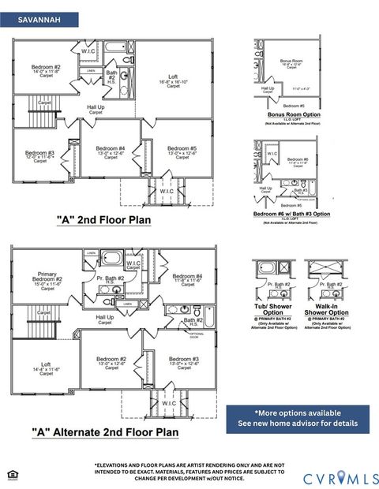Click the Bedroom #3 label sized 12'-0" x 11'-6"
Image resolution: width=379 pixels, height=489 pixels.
point(39,155)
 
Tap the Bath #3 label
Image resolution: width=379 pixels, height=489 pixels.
point(300,189)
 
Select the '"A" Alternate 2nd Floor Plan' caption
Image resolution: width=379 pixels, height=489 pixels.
point(104,431)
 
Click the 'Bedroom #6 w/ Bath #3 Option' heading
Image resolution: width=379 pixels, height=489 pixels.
point(291,214)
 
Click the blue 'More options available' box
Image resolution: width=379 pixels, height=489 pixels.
point(297,418)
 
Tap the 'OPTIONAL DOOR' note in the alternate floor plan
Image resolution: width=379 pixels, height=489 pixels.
point(197,334)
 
